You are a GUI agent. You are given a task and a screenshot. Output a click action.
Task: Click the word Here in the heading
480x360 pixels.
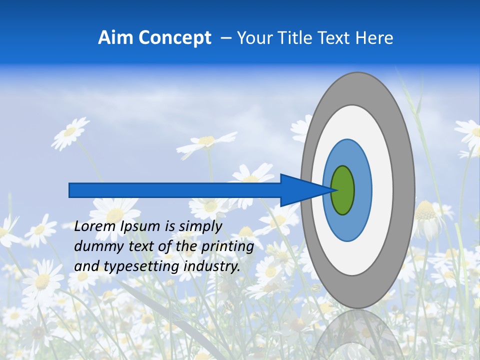[x=374, y=38]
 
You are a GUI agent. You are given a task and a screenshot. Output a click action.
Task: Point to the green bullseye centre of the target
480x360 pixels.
[x=343, y=190]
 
